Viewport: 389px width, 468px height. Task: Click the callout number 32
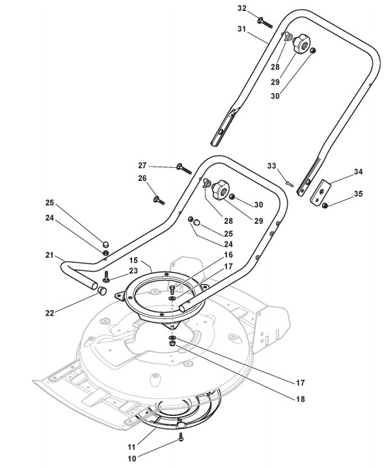242,8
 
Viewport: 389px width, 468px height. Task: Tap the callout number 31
241,29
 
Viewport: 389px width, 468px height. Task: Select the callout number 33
271,165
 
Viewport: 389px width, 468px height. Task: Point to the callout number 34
358,172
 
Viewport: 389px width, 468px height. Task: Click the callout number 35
358,194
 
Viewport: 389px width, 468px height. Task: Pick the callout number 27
142,165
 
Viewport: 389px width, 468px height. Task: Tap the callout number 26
142,178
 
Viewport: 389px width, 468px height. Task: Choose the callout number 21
49,255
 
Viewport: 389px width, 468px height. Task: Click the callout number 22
50,313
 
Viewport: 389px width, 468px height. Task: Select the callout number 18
301,399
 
